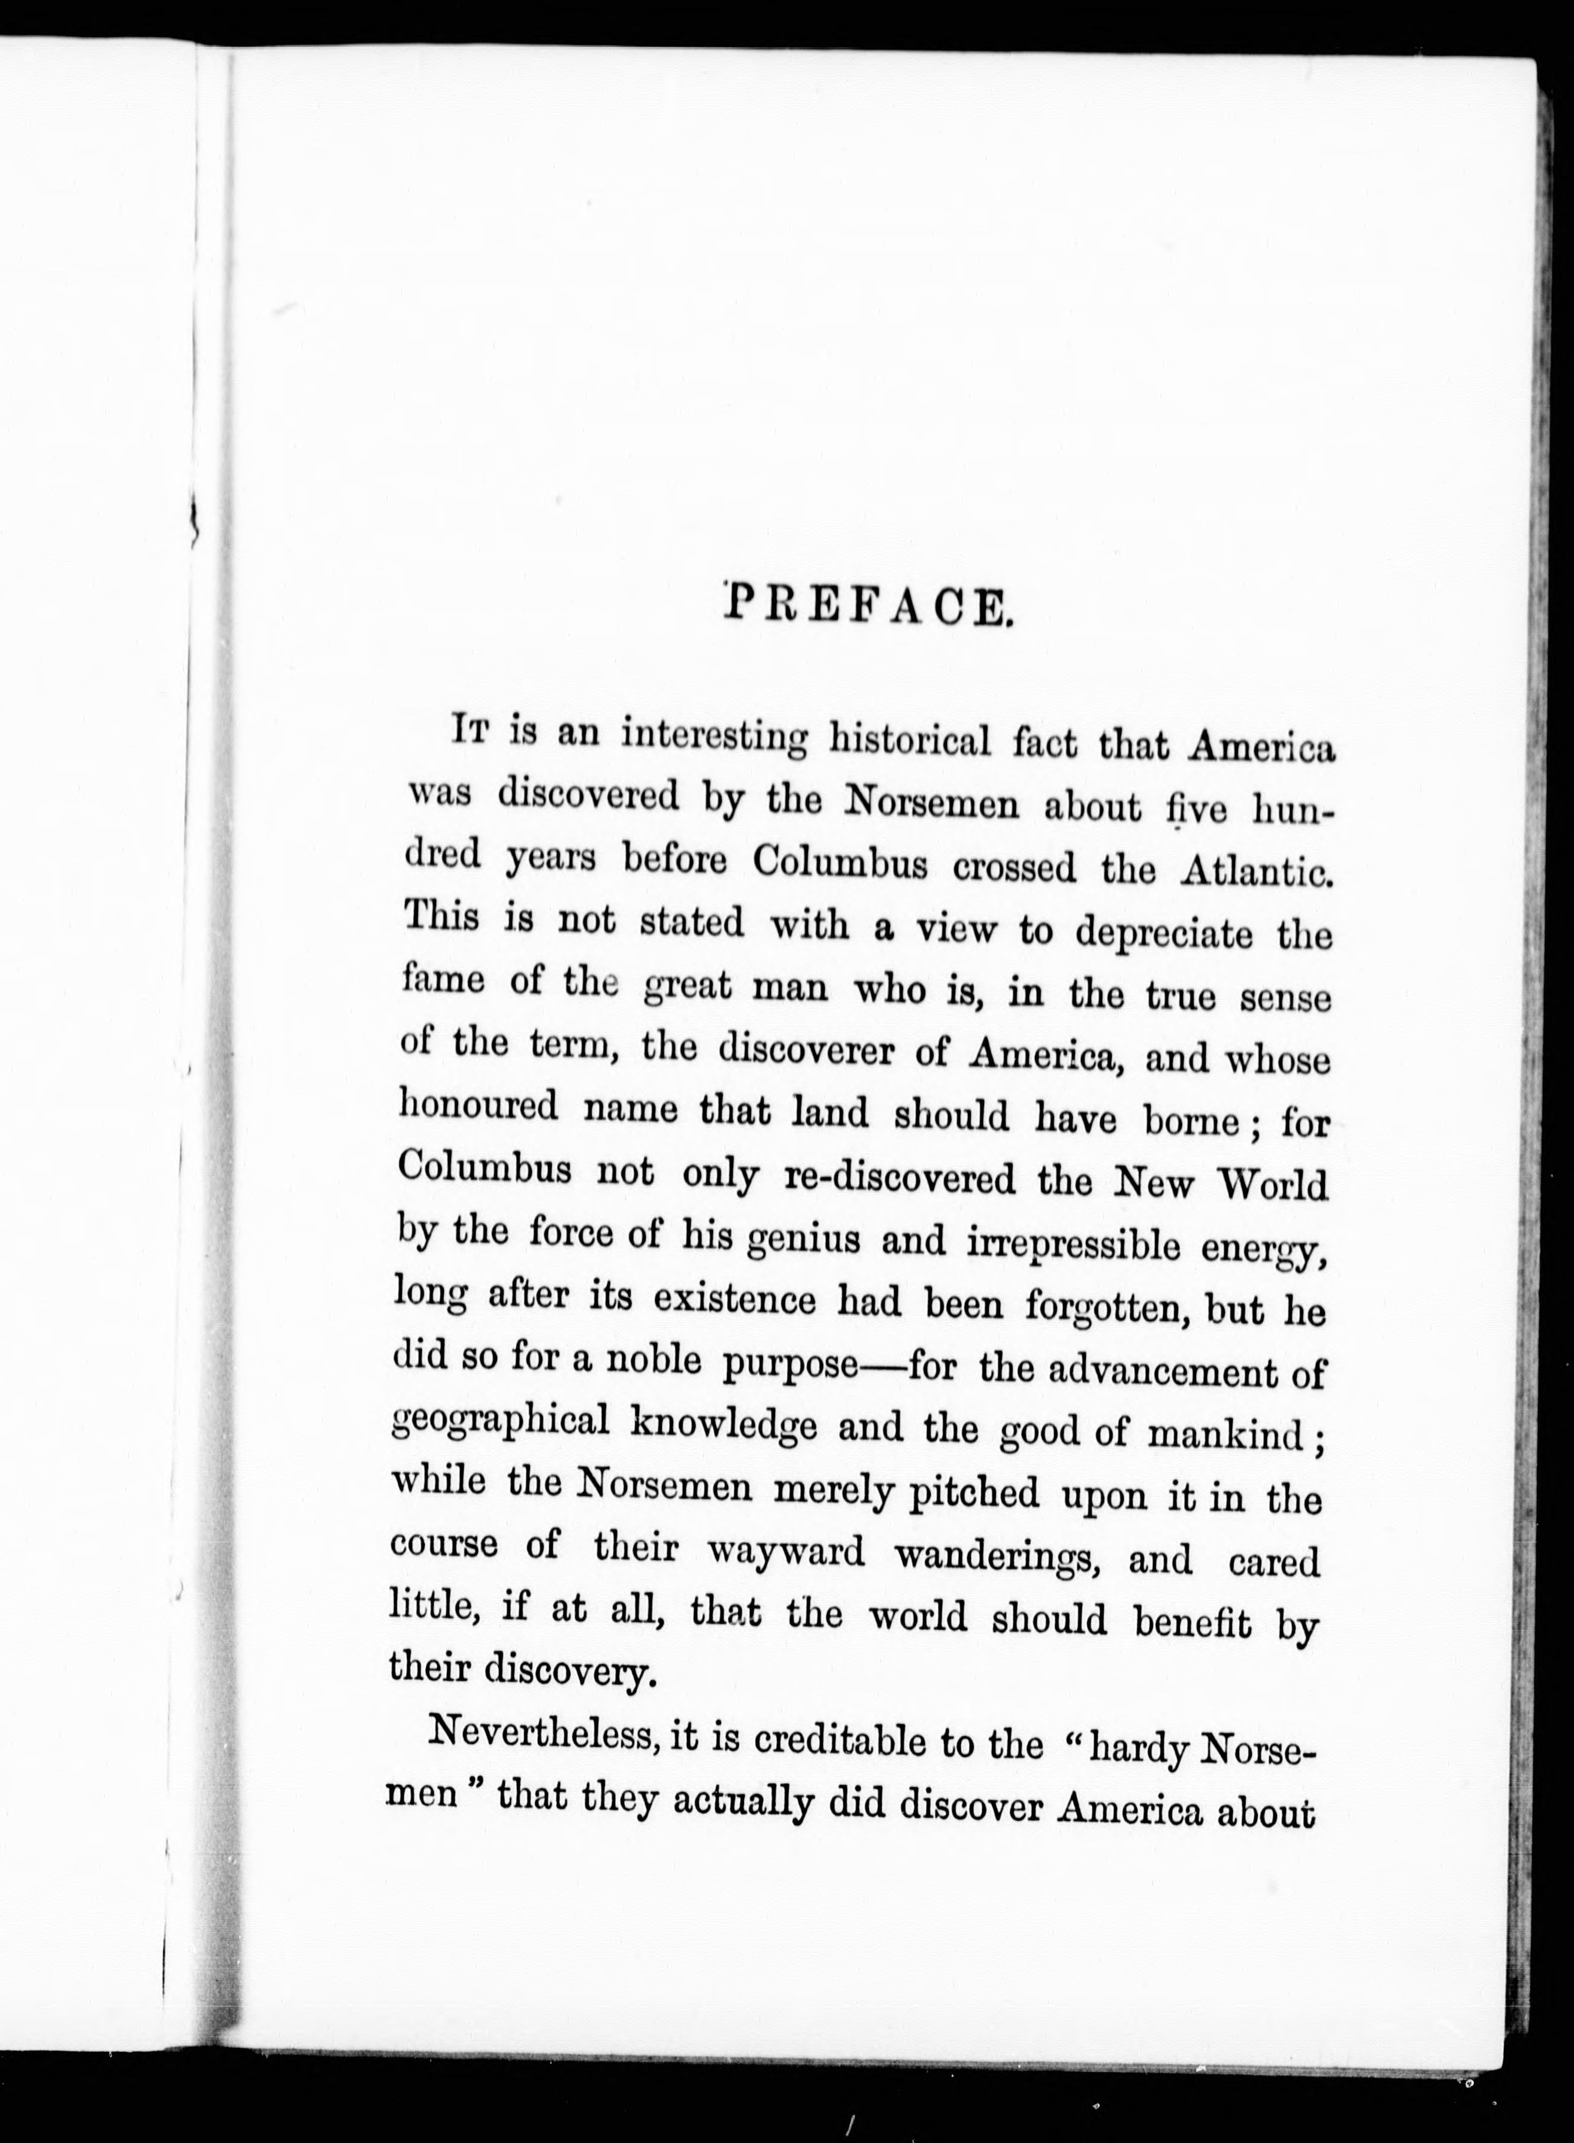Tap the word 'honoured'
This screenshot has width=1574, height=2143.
476,1108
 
